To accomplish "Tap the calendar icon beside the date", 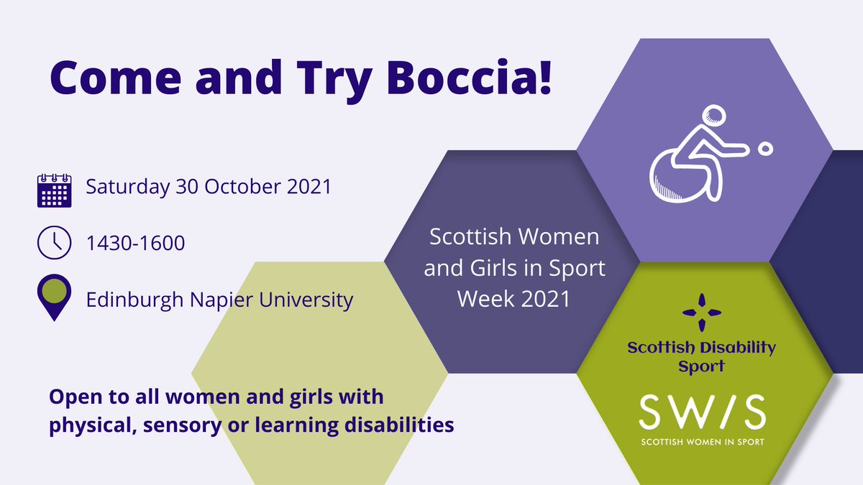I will (x=54, y=189).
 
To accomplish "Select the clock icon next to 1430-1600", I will (x=54, y=243).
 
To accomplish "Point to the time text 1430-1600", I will (x=135, y=244).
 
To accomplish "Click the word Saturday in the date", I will (x=128, y=187).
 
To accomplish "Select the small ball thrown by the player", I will (x=765, y=149).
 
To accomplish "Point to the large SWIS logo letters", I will (x=703, y=412).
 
